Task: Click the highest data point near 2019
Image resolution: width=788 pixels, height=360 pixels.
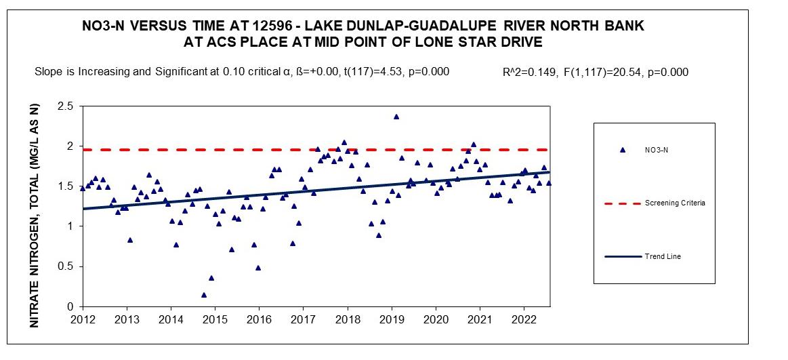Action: coord(396,117)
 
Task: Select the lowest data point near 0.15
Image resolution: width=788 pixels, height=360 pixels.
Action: coord(204,295)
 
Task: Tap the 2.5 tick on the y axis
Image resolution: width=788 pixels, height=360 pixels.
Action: coord(65,106)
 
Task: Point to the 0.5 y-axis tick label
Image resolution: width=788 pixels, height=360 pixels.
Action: coord(65,266)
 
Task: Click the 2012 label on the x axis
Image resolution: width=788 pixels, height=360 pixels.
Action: coord(83,319)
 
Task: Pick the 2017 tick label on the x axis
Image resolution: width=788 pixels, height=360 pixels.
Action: coord(303,319)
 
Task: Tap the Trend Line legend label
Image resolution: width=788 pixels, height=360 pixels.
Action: coord(663,256)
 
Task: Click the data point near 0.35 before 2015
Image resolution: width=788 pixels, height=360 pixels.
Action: coord(211,278)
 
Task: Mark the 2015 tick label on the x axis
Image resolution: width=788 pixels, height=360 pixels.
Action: coord(215,319)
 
